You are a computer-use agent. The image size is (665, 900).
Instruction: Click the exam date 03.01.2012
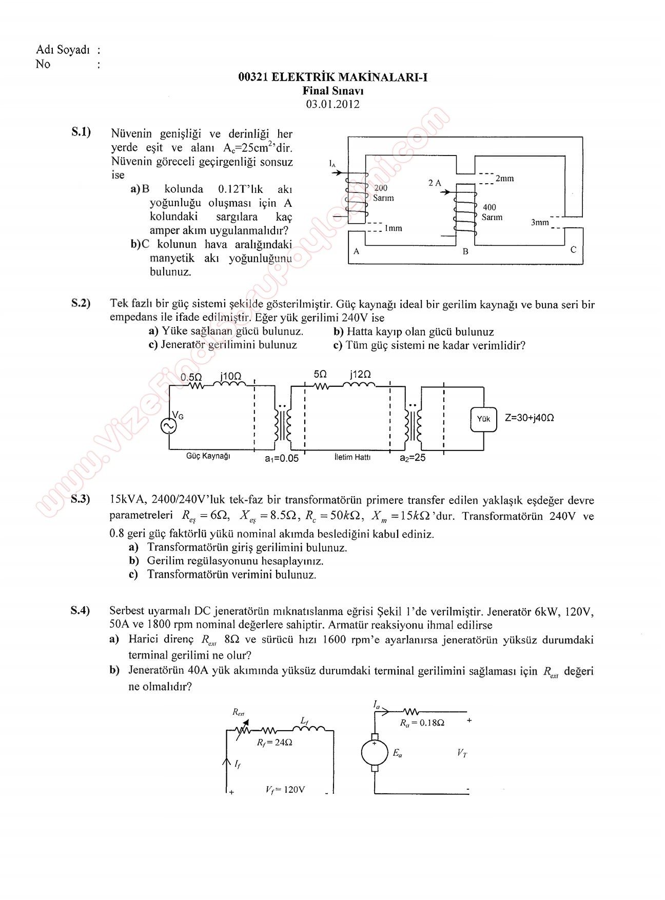tap(332, 104)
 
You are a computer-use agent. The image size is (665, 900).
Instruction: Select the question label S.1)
tap(81, 132)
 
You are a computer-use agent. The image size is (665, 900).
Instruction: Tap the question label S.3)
tap(81, 499)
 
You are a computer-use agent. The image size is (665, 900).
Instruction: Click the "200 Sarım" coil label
tap(383, 193)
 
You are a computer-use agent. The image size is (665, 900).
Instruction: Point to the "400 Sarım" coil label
tap(492, 212)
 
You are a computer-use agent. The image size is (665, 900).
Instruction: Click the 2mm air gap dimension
tap(504, 179)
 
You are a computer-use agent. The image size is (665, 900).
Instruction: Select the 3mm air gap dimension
tap(540, 222)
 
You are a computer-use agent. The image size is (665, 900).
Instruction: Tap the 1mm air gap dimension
tap(393, 228)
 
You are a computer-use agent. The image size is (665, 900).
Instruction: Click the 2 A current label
tap(435, 183)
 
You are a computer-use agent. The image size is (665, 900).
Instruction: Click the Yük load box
tap(483, 419)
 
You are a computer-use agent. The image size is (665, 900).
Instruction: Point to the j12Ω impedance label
tap(360, 374)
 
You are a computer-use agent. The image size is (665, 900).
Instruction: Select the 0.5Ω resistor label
tap(191, 377)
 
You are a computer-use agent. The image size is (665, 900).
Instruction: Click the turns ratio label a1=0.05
tap(281, 458)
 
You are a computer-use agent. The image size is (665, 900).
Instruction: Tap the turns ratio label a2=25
tap(413, 458)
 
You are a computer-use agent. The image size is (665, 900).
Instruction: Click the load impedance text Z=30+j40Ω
tap(529, 418)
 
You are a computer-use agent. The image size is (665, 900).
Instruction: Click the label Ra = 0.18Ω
tap(422, 722)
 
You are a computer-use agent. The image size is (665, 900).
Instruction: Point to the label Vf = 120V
tap(285, 790)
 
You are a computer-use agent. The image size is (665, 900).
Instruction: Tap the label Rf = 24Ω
tap(275, 742)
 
